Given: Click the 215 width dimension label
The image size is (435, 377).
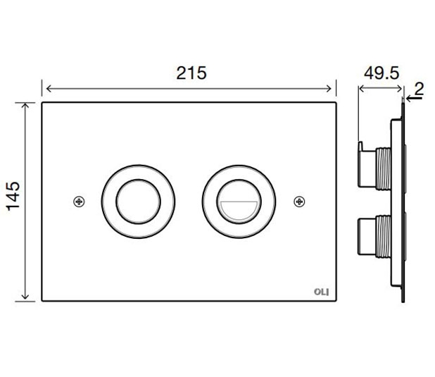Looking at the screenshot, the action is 191,73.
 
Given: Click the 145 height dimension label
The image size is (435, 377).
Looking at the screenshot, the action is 13,196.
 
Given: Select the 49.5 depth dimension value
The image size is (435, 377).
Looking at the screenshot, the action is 382,73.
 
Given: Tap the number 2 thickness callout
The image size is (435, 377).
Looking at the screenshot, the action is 419,89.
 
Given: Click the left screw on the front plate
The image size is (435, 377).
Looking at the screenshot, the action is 79,202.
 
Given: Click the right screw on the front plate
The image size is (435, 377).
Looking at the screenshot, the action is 299,202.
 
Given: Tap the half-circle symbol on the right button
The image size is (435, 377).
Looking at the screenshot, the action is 239,211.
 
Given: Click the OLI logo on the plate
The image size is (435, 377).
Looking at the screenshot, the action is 322,292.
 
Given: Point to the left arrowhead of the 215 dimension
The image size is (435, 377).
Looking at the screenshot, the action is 49,89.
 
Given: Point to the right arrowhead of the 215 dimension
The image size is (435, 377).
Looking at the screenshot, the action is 329,89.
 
